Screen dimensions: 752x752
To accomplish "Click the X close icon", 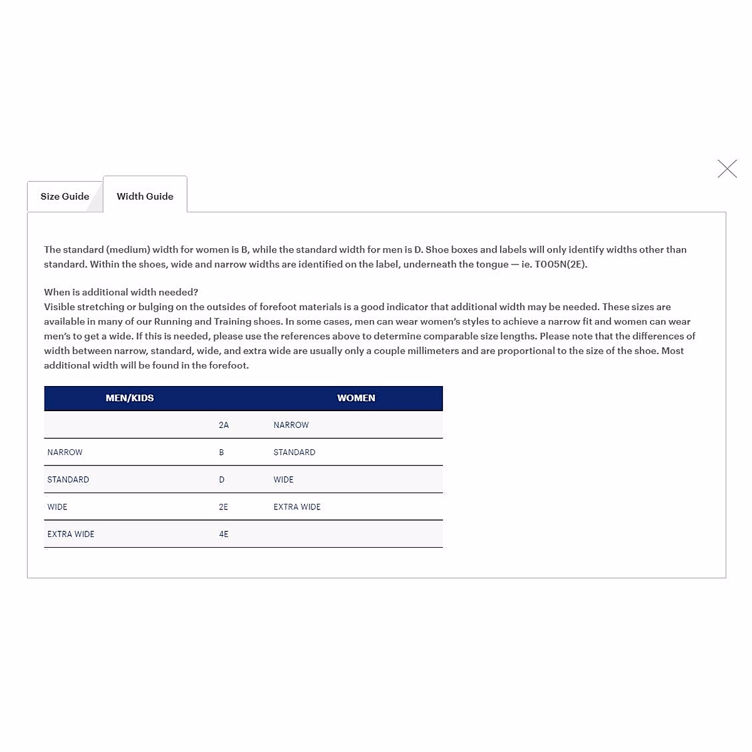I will tap(727, 169).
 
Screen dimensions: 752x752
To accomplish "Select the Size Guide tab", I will tap(65, 197).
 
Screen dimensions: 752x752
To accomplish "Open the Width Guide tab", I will tap(145, 197).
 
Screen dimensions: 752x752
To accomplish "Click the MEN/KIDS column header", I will tap(130, 398).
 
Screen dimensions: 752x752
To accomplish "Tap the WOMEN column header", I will tap(356, 398).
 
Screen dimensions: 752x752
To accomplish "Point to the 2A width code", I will tap(224, 425).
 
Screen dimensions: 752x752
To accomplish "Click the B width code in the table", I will tap(221, 452).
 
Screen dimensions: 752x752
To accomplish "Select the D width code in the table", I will tap(222, 479).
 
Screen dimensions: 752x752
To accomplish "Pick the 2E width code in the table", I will tap(224, 507).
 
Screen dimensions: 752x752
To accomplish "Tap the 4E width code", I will tap(224, 535).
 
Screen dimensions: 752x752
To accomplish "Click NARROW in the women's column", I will tap(291, 425).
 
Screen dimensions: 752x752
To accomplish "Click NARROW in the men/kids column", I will tap(65, 452).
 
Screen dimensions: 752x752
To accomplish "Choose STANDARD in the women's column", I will tap(294, 452).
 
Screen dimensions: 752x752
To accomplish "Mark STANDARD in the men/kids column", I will tap(68, 479).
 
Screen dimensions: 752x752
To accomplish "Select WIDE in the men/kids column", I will tap(57, 507).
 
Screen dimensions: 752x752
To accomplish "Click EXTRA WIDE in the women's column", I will tap(296, 507).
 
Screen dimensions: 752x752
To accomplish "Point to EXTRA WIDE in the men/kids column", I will tap(71, 535).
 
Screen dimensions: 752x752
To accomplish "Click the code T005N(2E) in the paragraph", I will tap(560, 264).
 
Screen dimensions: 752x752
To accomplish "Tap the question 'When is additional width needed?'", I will tap(121, 292).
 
